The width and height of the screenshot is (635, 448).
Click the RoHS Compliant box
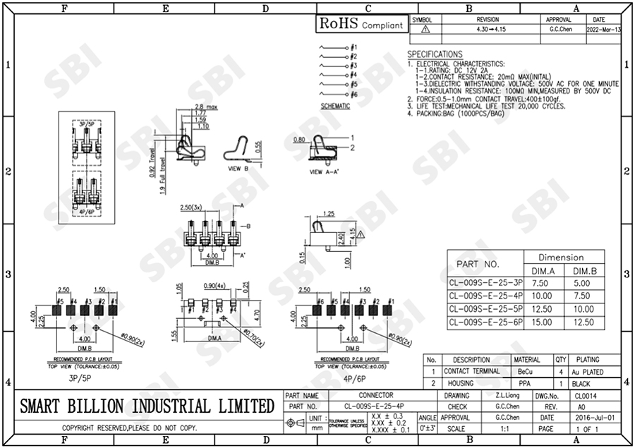pyautogui.click(x=362, y=24)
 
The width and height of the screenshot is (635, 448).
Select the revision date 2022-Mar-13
pyautogui.click(x=604, y=30)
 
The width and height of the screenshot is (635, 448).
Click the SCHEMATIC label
pyautogui.click(x=335, y=106)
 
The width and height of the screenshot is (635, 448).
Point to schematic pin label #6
pyautogui.click(x=353, y=94)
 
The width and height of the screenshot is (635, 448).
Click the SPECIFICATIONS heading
pyautogui.click(x=435, y=54)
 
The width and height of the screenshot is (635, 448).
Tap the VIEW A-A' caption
pyautogui.click(x=326, y=171)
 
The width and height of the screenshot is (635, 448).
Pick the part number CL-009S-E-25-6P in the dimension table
pyautogui.click(x=485, y=322)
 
